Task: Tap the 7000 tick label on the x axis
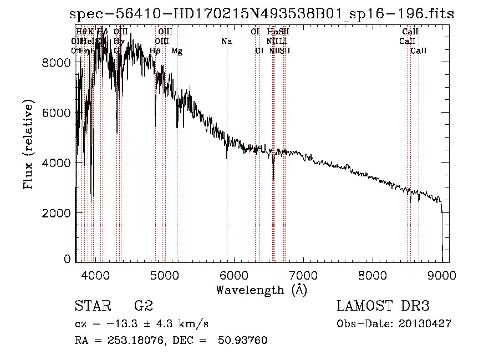pyautogui.click(x=303, y=274)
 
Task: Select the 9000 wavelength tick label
pyautogui.click(x=442, y=274)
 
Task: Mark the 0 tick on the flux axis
pyautogui.click(x=67, y=259)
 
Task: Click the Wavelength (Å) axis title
pyautogui.click(x=261, y=290)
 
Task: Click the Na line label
pyautogui.click(x=226, y=42)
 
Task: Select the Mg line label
pyautogui.click(x=177, y=51)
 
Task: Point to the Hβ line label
pyautogui.click(x=155, y=51)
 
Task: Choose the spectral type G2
pyautogui.click(x=144, y=306)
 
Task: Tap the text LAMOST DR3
pyautogui.click(x=383, y=306)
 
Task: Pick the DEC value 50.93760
pyautogui.click(x=244, y=341)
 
